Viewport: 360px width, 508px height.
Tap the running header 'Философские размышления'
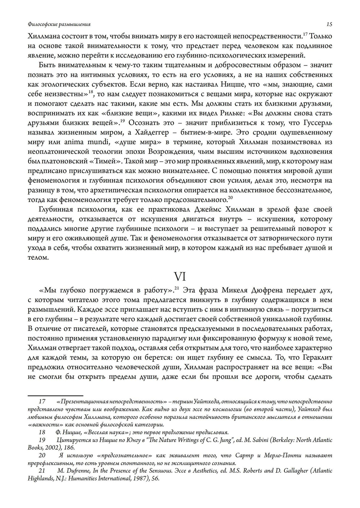click(x=59, y=24)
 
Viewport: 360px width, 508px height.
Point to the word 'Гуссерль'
click(x=317, y=123)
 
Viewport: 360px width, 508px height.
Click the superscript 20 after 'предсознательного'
click(x=230, y=198)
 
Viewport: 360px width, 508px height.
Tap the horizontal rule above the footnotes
click(x=55, y=395)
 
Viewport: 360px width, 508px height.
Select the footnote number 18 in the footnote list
click(x=42, y=432)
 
